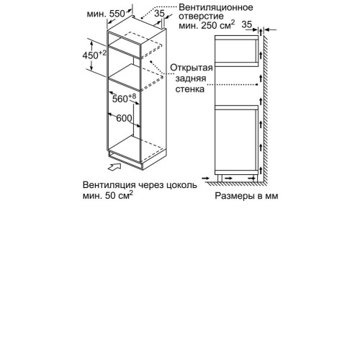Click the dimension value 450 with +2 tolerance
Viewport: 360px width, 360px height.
point(94,55)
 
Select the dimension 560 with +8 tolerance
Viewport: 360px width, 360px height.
point(124,98)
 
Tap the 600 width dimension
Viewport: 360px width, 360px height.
point(124,118)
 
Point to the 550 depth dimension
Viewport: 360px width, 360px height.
point(117,14)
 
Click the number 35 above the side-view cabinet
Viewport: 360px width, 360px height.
point(247,24)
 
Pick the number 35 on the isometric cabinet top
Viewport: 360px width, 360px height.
point(159,14)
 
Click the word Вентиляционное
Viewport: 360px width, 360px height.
point(216,7)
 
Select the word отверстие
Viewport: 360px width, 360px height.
point(201,17)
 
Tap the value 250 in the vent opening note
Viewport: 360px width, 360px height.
point(210,25)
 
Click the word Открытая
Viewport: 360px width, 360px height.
point(192,68)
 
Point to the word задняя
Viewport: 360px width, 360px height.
point(191,78)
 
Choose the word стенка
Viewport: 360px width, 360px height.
point(190,89)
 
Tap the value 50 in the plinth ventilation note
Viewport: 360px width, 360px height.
point(110,196)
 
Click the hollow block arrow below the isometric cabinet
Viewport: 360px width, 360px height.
point(114,167)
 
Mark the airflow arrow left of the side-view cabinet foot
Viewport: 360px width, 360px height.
point(206,179)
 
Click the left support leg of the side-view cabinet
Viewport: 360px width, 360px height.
point(220,178)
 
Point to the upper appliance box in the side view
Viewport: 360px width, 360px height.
point(236,51)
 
